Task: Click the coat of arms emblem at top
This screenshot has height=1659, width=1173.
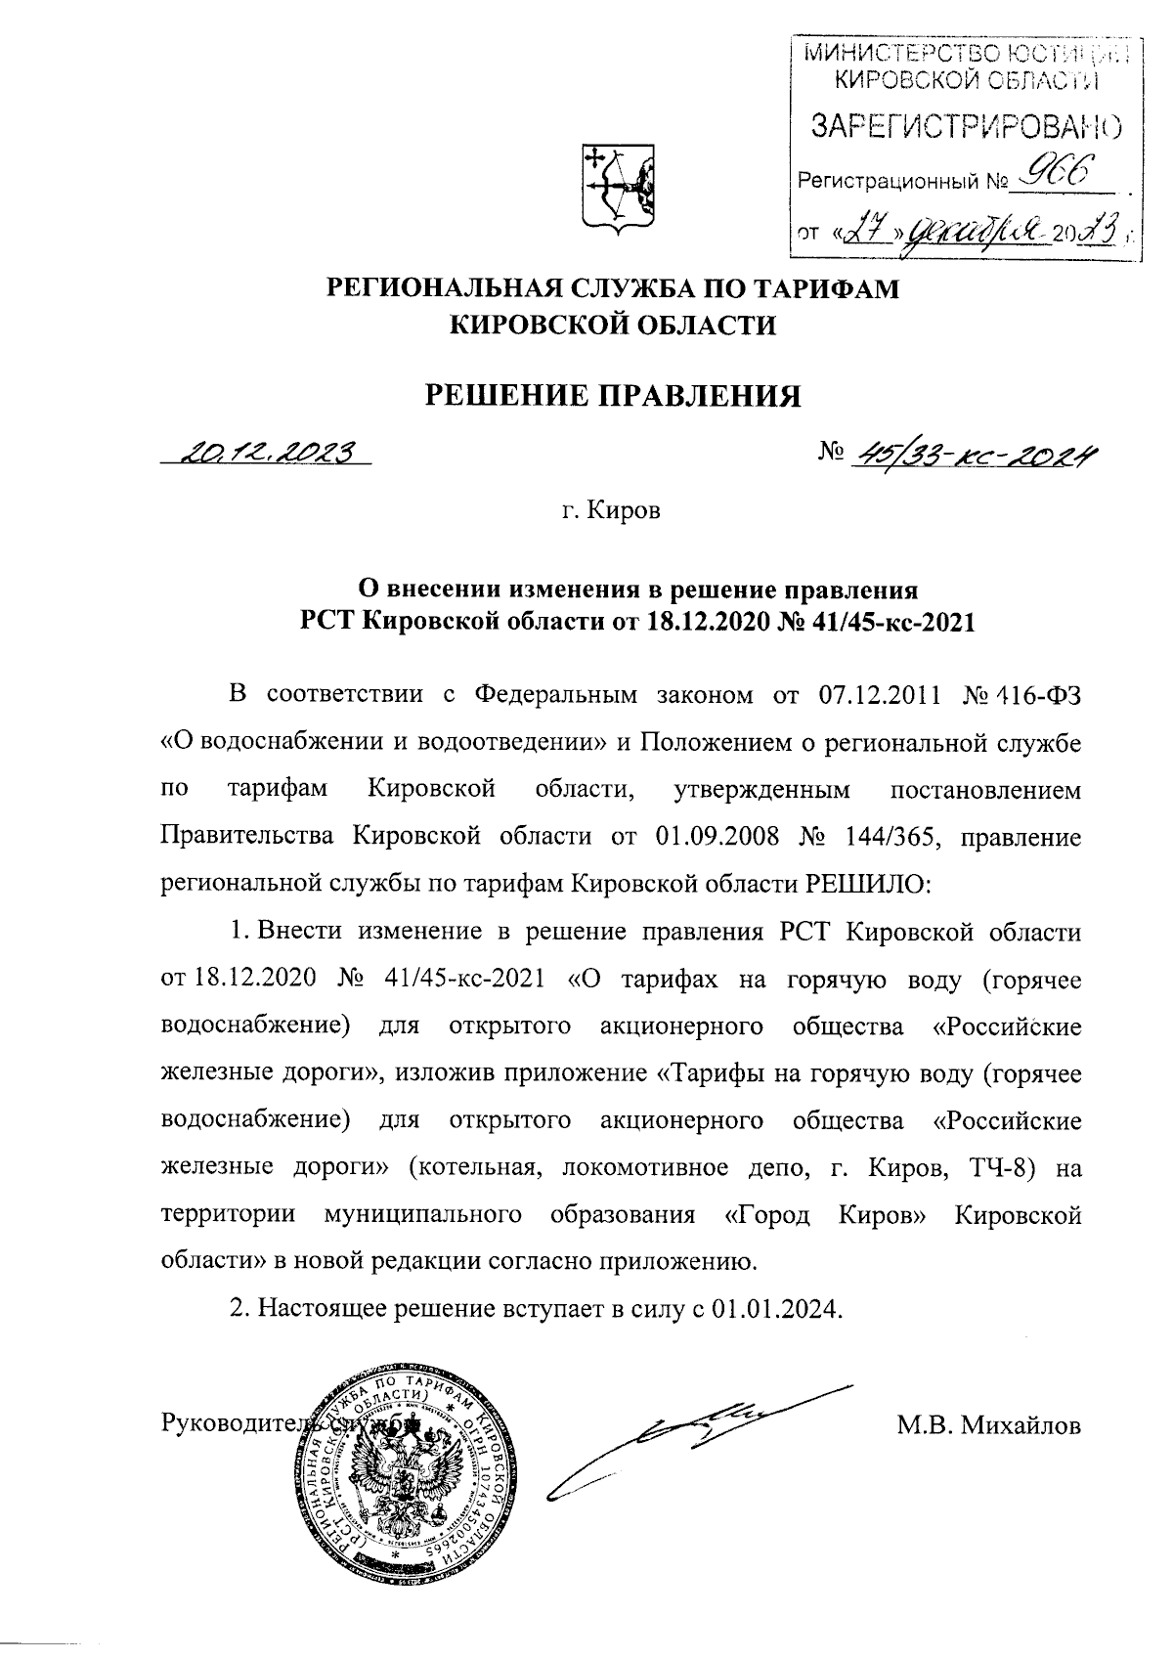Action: coord(618,188)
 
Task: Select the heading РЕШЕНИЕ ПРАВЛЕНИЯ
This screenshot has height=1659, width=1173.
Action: coord(612,396)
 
